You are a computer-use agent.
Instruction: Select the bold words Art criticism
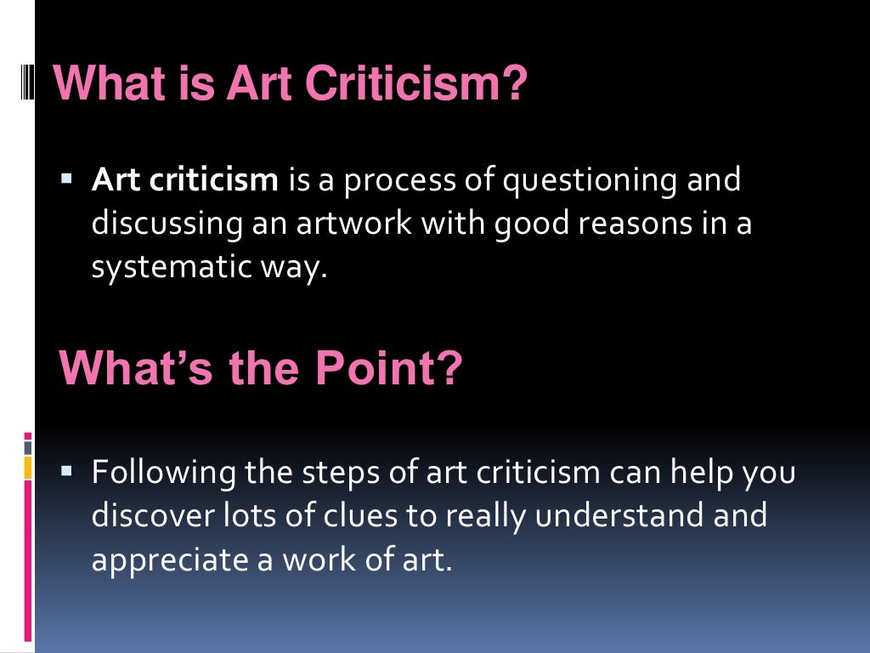click(185, 180)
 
